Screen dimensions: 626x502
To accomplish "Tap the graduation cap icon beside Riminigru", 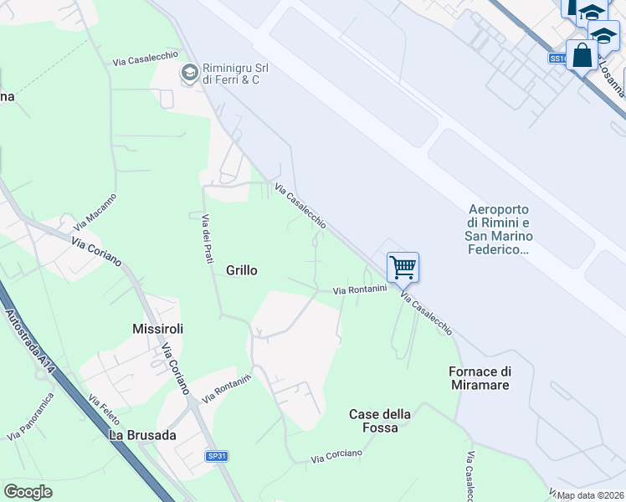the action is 189,74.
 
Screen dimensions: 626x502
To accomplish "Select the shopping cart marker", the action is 403,268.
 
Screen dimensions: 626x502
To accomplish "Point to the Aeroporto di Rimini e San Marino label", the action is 500,228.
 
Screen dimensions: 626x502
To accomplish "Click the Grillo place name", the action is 242,270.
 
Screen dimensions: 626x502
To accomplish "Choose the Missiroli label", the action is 157,329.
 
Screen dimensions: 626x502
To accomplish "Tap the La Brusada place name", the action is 142,435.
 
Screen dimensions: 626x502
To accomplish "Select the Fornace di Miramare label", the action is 480,378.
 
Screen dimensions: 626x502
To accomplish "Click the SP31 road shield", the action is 218,457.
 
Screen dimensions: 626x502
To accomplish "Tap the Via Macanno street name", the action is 95,212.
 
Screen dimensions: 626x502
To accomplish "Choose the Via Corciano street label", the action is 336,456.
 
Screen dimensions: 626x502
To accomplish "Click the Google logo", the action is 28,492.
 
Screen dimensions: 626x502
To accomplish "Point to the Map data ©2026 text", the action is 591,495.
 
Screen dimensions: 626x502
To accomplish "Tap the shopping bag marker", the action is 582,55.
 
